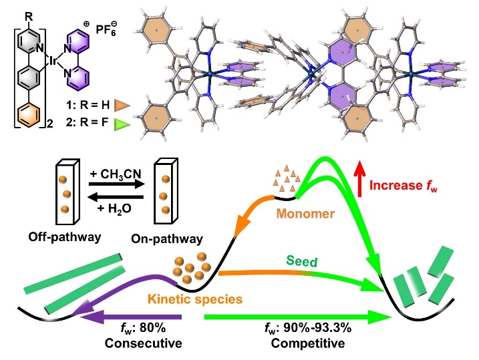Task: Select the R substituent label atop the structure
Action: click(24, 11)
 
